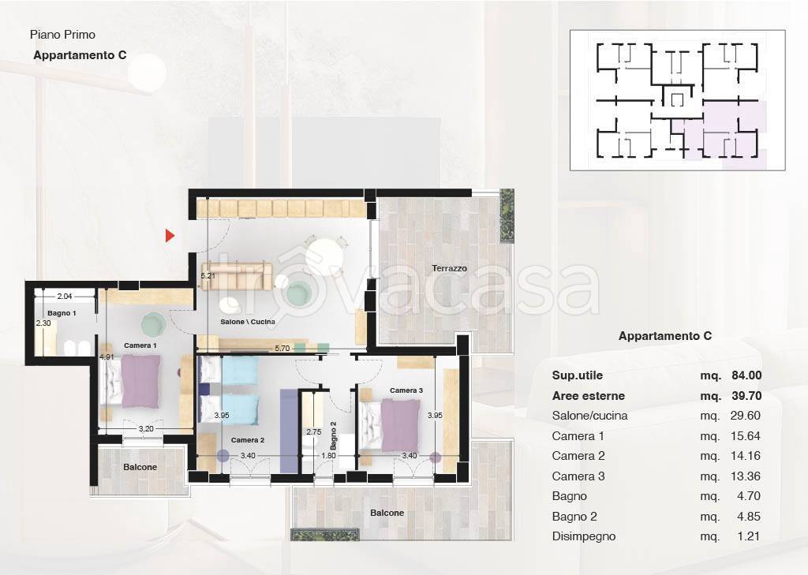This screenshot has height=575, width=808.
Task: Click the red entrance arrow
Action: [x=170, y=236]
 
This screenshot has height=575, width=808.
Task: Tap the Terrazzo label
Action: [x=449, y=268]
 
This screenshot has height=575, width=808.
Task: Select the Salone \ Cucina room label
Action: [x=248, y=322]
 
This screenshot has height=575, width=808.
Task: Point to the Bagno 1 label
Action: [x=62, y=313]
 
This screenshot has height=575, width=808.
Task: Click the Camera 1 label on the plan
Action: [x=140, y=345]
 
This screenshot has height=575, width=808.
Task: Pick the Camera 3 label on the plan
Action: [x=406, y=390]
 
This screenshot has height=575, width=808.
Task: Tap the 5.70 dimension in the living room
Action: [x=282, y=349]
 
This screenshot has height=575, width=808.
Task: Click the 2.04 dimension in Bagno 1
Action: [x=65, y=297]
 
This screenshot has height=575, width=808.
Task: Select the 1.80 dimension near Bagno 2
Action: [x=328, y=455]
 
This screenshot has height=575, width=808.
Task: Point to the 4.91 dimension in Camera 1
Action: [x=107, y=357]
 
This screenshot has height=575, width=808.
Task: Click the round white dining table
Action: [x=324, y=256]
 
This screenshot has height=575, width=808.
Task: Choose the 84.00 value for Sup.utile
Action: [x=746, y=375]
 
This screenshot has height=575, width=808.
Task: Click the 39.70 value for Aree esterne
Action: [x=746, y=396]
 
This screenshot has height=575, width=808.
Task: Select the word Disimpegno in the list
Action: [x=584, y=536]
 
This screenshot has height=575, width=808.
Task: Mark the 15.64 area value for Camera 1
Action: [x=745, y=436]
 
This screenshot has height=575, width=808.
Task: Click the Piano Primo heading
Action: [x=62, y=35]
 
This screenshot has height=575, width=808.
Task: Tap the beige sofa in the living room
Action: [x=237, y=276]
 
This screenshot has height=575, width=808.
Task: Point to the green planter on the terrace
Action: [x=507, y=215]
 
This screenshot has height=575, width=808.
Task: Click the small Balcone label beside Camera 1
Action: [x=140, y=467]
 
